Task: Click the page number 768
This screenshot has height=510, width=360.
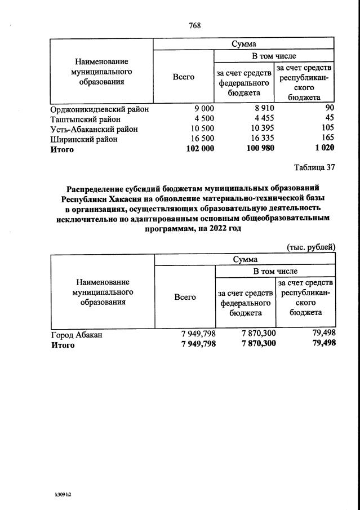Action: [x=195, y=26]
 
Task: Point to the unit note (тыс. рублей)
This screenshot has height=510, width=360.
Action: [x=311, y=246]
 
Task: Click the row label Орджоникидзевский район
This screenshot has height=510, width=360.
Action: [x=99, y=109]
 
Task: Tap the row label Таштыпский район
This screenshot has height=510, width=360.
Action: [x=85, y=119]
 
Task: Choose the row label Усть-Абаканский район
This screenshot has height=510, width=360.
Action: [x=94, y=129]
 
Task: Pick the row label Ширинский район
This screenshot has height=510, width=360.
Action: [x=84, y=139]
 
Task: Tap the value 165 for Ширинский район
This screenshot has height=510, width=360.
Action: [x=327, y=138]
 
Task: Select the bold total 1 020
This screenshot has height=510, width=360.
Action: [x=323, y=148]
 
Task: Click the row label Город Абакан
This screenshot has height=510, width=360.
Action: [x=77, y=335]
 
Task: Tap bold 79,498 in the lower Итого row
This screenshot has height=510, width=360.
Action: [x=323, y=344]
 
